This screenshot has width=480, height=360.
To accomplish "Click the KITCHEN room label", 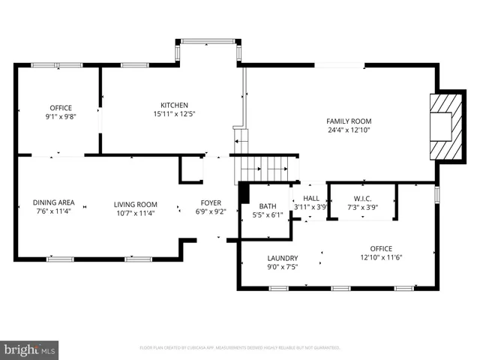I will (x=174, y=105).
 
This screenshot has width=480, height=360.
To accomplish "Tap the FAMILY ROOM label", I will (x=349, y=121).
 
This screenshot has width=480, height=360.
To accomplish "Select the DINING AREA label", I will (x=53, y=202).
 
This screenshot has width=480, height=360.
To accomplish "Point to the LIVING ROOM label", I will (x=136, y=204).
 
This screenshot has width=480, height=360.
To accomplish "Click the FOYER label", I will (x=210, y=203).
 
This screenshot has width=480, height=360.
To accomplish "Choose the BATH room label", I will (x=268, y=206).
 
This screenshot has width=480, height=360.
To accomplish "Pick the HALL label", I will (x=310, y=198).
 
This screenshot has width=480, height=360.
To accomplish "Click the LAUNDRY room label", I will (x=282, y=257).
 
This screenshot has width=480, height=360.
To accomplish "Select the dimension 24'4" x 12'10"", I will (x=349, y=130).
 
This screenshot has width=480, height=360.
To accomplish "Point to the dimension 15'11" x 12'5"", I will (x=174, y=114).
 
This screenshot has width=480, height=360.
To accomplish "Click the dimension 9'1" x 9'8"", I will (x=61, y=117).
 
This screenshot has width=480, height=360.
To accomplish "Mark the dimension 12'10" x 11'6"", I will (x=381, y=257).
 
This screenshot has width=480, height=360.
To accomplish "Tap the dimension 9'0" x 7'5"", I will (x=282, y=266).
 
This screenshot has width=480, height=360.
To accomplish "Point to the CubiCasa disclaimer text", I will (x=240, y=348).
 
